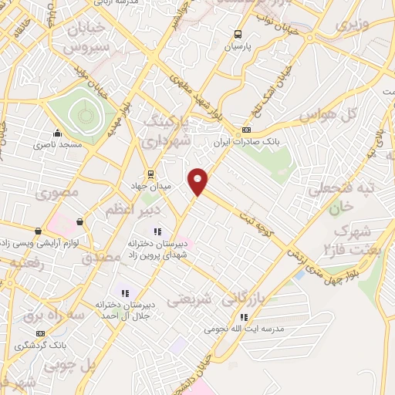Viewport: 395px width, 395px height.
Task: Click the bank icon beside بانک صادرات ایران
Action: coord(247,130)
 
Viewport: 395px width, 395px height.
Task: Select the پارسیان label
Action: coord(238,46)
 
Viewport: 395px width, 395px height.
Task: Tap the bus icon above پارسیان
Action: coord(238,34)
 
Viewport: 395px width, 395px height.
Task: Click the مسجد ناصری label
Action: coord(56,144)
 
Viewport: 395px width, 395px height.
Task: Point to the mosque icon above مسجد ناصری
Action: coord(56,132)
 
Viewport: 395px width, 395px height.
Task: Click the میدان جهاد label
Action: coord(152,186)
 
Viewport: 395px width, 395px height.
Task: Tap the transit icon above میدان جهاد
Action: coord(151,174)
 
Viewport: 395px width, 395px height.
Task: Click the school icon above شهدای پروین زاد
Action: coord(158,231)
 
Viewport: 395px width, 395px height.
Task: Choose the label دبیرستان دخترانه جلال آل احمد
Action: coord(127,310)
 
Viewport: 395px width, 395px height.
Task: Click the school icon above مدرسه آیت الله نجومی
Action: coord(244,316)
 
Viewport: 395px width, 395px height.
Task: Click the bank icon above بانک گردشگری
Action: coord(40,334)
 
